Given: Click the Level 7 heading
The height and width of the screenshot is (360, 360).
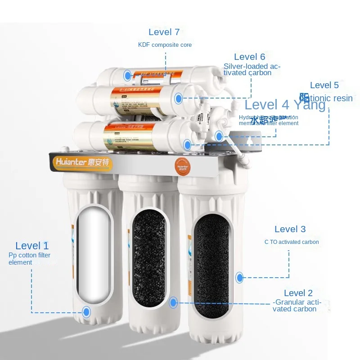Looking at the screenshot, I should [x=164, y=32].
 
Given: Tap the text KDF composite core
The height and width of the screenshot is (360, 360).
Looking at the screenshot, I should [x=165, y=45].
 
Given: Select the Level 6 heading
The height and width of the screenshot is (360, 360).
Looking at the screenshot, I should [x=250, y=57].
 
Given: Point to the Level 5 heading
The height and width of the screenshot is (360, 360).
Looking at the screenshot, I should [x=324, y=85].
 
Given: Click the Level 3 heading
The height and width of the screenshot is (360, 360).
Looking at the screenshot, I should [x=290, y=229].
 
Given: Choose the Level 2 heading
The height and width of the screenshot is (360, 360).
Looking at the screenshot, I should [x=298, y=293].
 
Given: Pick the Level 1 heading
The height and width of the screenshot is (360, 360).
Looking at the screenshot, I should [x=32, y=246].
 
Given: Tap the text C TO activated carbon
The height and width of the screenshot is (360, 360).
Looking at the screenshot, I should [x=292, y=242].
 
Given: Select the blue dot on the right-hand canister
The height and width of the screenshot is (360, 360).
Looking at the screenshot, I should [x=239, y=277].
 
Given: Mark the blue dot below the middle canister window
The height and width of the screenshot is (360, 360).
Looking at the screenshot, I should [x=173, y=302].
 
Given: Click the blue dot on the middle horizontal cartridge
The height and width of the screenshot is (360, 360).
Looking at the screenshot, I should [x=179, y=98].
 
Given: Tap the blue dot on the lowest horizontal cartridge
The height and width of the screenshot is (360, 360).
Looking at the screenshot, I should [x=187, y=144].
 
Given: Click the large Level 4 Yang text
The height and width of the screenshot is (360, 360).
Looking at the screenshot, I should [x=285, y=105].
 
